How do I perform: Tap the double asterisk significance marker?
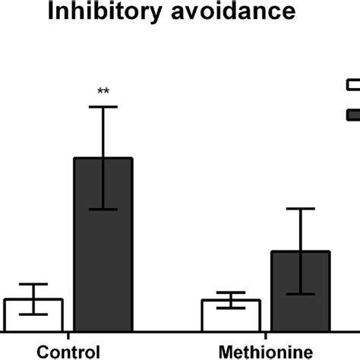coord(103,92)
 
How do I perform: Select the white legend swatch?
coord(353,84)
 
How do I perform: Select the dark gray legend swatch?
coord(353,114)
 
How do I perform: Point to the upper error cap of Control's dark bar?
coord(103,106)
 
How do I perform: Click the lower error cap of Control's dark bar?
coord(103,210)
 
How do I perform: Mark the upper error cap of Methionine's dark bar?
coord(300,208)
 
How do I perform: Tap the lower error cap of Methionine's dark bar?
coord(300,294)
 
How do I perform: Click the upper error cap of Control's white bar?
coord(33,284)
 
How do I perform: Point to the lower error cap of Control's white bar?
coord(33,314)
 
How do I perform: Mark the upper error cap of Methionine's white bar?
coord(231,292)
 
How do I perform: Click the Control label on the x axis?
coord(68,352)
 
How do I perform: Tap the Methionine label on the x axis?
coord(266,352)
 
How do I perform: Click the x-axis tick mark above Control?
coord(68,336)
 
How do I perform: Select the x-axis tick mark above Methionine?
coord(266,336)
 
